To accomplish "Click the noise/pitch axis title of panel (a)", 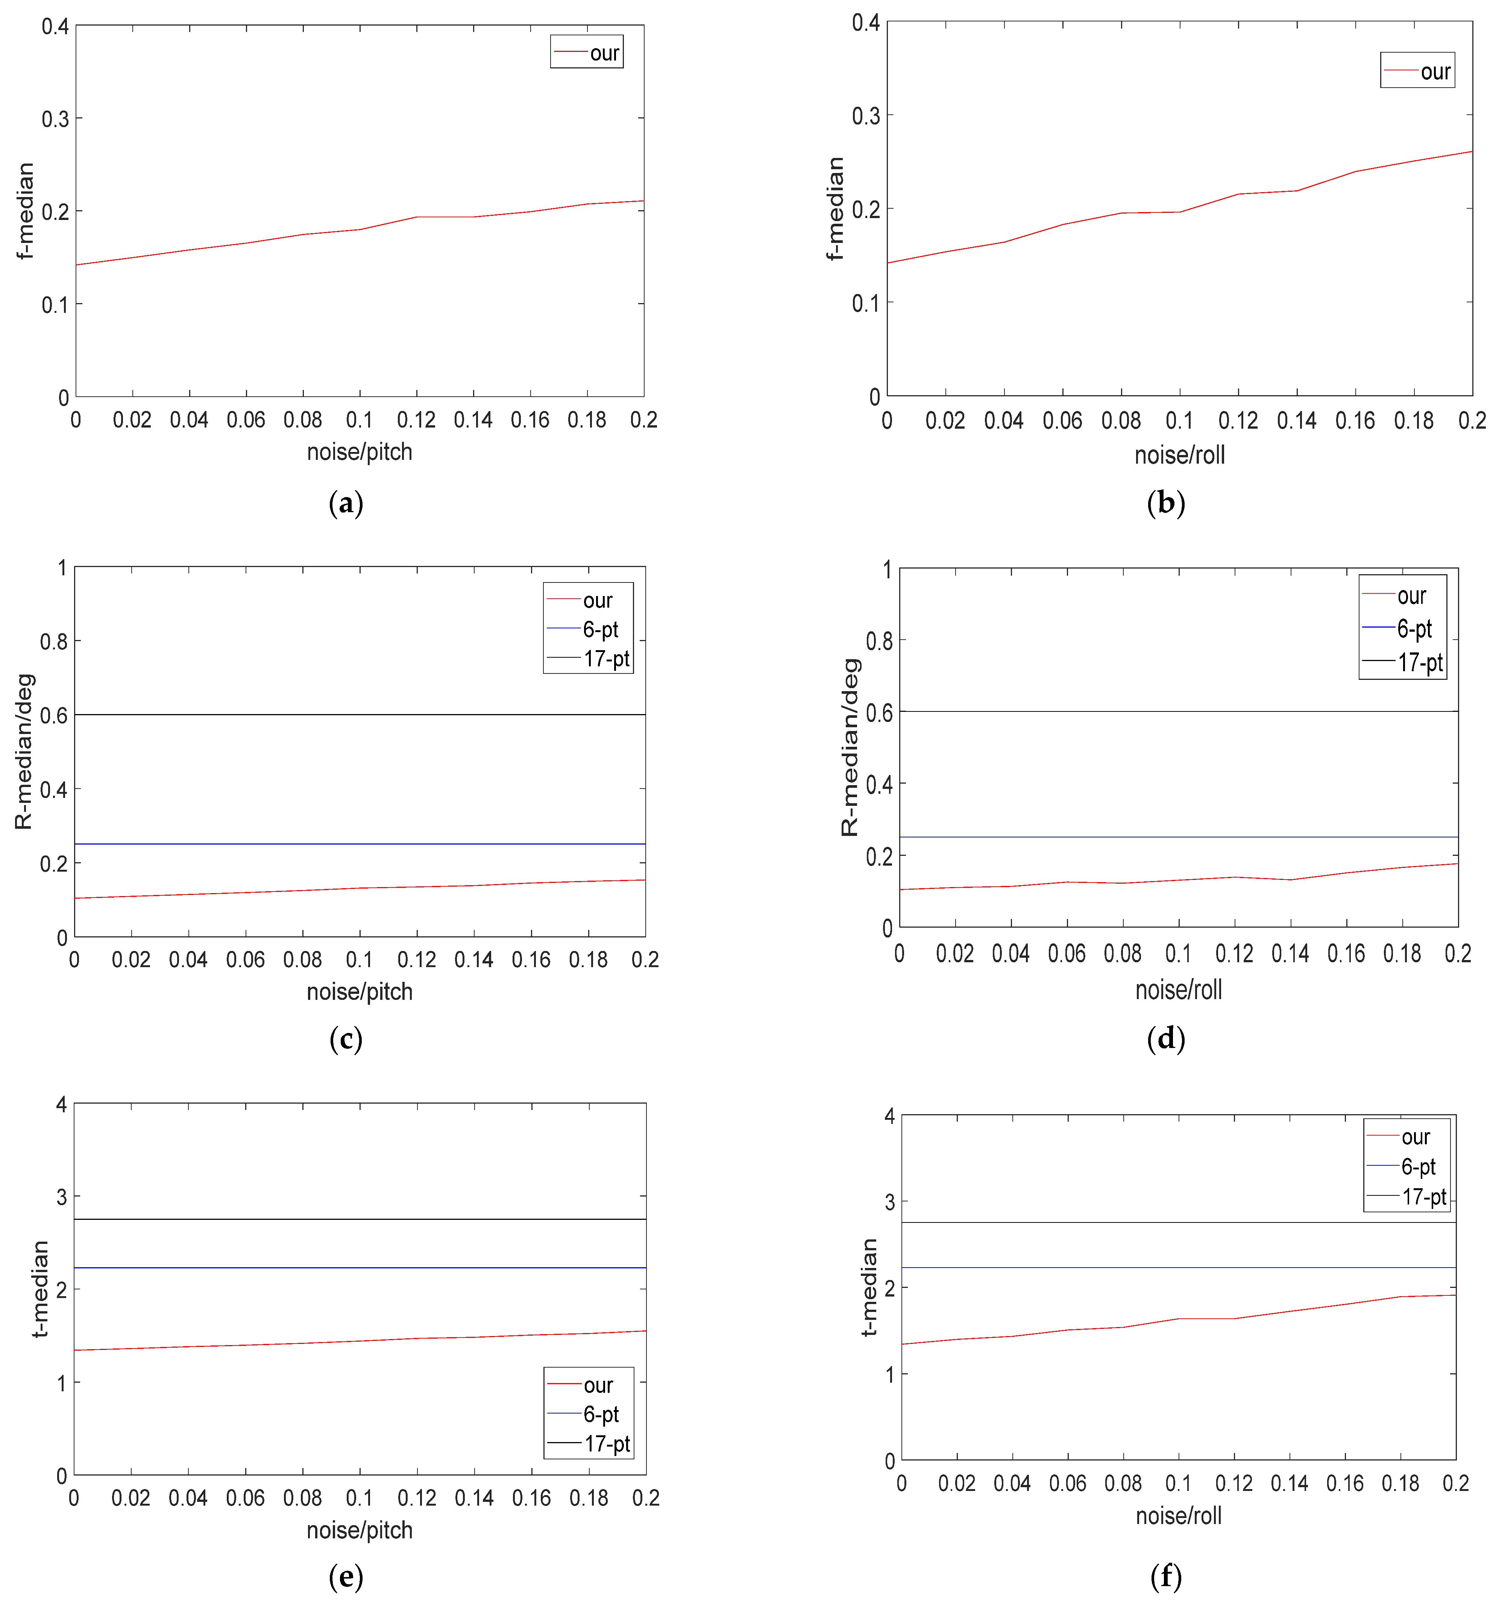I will click(359, 452).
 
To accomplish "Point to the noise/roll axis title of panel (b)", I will click(1179, 455).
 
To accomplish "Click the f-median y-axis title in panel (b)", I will click(836, 208).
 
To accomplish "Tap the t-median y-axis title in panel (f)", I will click(869, 1288).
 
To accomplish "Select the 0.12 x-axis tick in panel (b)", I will click(1237, 420).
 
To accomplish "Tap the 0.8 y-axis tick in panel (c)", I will click(54, 642).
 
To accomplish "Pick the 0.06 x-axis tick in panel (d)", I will click(1067, 954).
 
